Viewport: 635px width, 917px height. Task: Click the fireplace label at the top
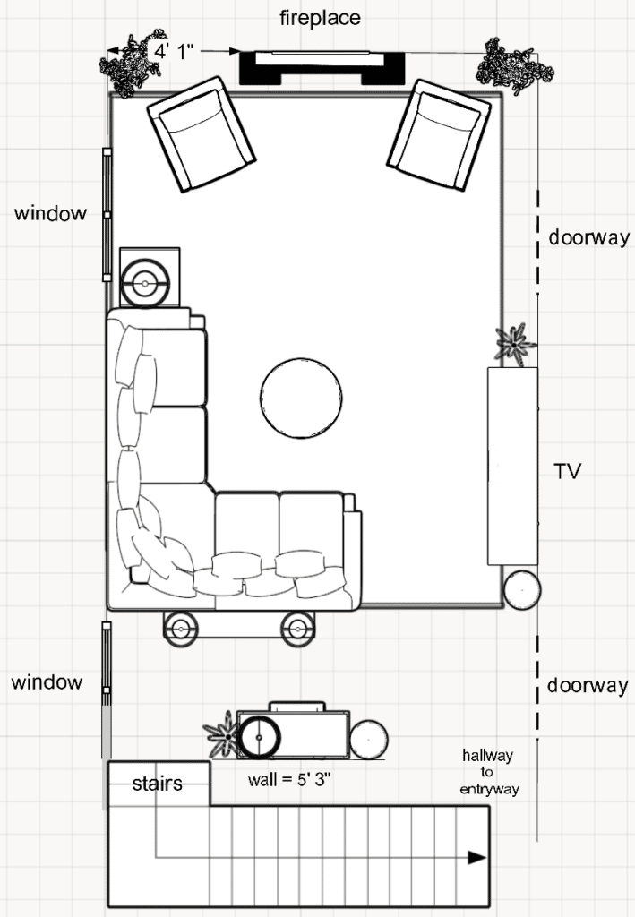point(320,17)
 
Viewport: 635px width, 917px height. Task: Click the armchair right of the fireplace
point(439,134)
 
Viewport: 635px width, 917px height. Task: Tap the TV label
point(567,471)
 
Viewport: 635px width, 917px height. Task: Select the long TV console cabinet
point(512,466)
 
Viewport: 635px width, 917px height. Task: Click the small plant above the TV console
point(514,343)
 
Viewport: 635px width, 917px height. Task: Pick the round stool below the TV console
point(522,590)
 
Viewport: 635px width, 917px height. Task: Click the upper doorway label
point(588,239)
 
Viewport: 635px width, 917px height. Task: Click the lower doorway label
point(588,686)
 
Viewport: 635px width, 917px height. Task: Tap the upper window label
point(50,213)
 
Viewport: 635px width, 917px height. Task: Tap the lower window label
point(47,682)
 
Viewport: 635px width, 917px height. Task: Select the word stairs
point(158,784)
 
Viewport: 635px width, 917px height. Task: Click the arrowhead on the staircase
point(476,858)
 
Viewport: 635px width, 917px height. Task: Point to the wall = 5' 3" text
point(290,778)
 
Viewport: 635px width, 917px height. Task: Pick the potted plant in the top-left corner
point(131,65)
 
